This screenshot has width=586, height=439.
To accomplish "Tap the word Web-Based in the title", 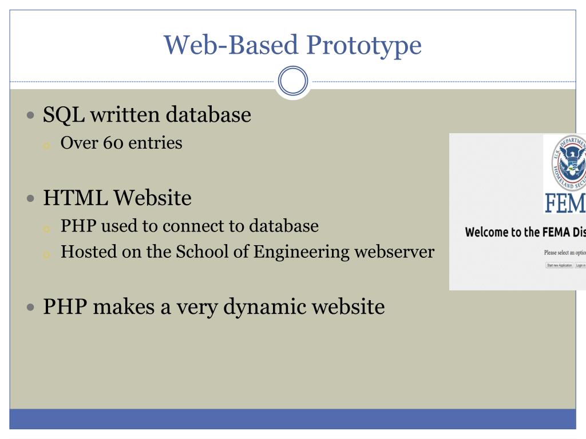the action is coord(230,45).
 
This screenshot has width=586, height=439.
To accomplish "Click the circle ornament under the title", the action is coord(293,81).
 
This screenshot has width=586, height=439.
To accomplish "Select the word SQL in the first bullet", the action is coord(64,115).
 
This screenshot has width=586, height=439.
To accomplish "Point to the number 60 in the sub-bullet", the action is coord(113,142).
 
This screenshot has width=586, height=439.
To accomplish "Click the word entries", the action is coord(155,142).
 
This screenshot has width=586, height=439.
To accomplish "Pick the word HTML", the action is coord(76,198).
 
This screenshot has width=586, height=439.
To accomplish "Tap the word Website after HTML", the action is coord(152,198).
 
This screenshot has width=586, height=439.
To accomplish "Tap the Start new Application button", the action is coord(559,265).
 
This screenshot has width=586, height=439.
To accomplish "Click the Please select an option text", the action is coord(564,252).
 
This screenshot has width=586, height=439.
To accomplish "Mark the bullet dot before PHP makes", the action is coord(31,307).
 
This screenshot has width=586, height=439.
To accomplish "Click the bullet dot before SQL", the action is coord(31,115).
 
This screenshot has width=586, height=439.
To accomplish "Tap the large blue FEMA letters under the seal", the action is coord(565,203).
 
